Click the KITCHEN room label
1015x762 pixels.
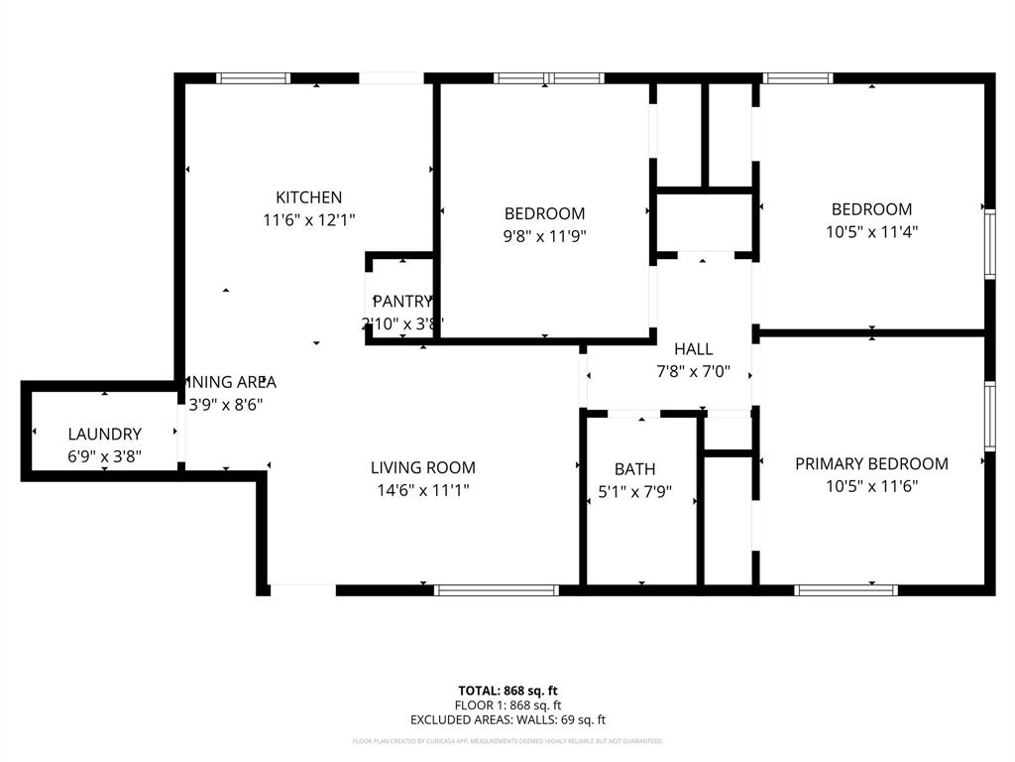[308, 197]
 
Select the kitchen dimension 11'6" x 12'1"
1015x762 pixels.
[308, 220]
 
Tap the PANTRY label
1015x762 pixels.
[402, 302]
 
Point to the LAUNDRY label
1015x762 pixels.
[104, 434]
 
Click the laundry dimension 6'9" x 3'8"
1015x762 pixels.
[104, 456]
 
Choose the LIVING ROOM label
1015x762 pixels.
[422, 467]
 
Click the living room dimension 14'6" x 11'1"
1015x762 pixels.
[422, 490]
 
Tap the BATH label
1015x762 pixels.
[634, 469]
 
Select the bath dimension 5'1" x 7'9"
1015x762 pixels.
[634, 491]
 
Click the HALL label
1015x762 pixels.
[693, 349]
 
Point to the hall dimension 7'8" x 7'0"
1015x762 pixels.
[693, 372]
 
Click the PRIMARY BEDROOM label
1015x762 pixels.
[871, 463]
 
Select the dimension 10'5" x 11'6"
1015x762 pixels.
[871, 486]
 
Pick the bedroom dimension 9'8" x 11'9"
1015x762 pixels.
[544, 236]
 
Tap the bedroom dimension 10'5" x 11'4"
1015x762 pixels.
[871, 232]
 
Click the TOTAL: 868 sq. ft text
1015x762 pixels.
[507, 691]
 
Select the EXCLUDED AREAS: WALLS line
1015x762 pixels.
[507, 720]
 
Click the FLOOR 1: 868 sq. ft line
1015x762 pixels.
[507, 705]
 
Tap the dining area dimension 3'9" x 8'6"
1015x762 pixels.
[226, 404]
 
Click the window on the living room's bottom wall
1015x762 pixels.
[497, 590]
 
